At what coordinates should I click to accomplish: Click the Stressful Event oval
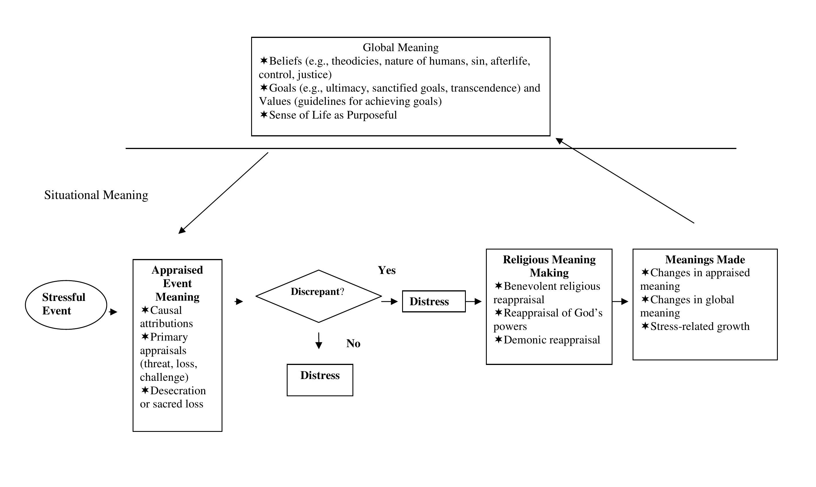pyautogui.click(x=66, y=305)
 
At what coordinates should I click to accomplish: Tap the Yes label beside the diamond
pyautogui.click(x=387, y=270)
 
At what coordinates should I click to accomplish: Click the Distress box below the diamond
pyautogui.click(x=320, y=380)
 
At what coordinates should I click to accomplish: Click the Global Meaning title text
pyautogui.click(x=400, y=48)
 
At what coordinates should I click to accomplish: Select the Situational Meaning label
pyautogui.click(x=96, y=195)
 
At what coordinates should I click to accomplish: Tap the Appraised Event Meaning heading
pyautogui.click(x=177, y=283)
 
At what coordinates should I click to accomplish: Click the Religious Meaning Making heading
pyautogui.click(x=549, y=266)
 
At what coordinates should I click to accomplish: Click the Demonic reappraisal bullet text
pyautogui.click(x=552, y=340)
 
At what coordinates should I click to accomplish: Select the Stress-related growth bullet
pyautogui.click(x=699, y=326)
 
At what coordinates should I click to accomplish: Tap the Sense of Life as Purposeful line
pyautogui.click(x=333, y=115)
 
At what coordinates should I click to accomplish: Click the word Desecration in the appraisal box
pyautogui.click(x=178, y=391)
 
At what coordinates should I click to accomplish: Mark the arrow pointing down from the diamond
pyautogui.click(x=319, y=341)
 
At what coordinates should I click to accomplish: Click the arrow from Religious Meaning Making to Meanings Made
pyautogui.click(x=620, y=301)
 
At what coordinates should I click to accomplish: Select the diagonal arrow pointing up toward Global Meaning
pyautogui.click(x=625, y=181)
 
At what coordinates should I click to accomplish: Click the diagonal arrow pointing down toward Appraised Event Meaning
pyautogui.click(x=223, y=193)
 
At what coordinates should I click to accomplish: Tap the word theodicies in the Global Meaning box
pyautogui.click(x=356, y=61)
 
